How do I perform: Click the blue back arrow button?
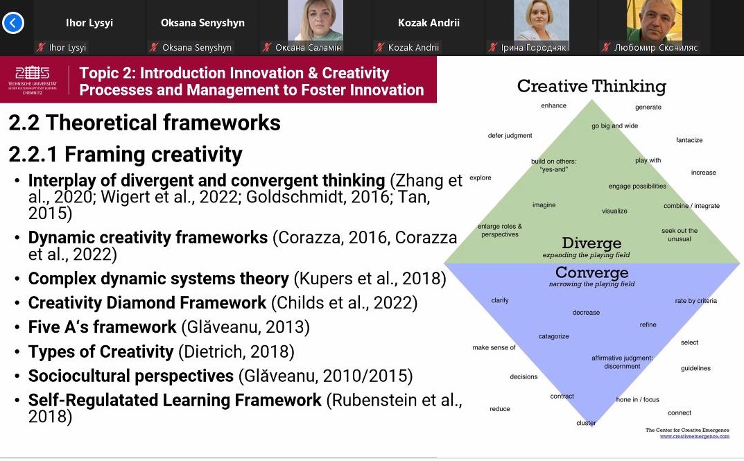tap(12, 22)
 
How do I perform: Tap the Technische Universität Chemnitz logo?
tap(33, 80)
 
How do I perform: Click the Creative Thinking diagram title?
tap(591, 87)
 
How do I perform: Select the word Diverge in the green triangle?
tap(591, 243)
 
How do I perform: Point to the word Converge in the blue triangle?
tap(591, 272)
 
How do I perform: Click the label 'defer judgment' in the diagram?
tap(510, 136)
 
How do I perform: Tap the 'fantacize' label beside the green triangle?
tap(689, 140)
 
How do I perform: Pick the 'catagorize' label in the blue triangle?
tap(553, 336)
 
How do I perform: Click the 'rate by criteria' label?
tap(695, 301)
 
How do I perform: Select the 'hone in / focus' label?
tap(637, 399)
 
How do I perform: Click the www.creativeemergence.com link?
tap(694, 436)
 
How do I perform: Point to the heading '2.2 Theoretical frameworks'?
tap(145, 123)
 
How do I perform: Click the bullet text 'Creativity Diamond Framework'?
tap(147, 302)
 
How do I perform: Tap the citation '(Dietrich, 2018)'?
tap(236, 351)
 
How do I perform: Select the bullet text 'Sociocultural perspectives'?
tap(131, 376)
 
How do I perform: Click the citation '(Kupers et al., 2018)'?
tap(370, 279)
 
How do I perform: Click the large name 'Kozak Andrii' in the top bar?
tap(429, 22)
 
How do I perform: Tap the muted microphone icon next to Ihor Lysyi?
tap(42, 47)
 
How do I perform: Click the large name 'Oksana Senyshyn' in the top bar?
tap(202, 22)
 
